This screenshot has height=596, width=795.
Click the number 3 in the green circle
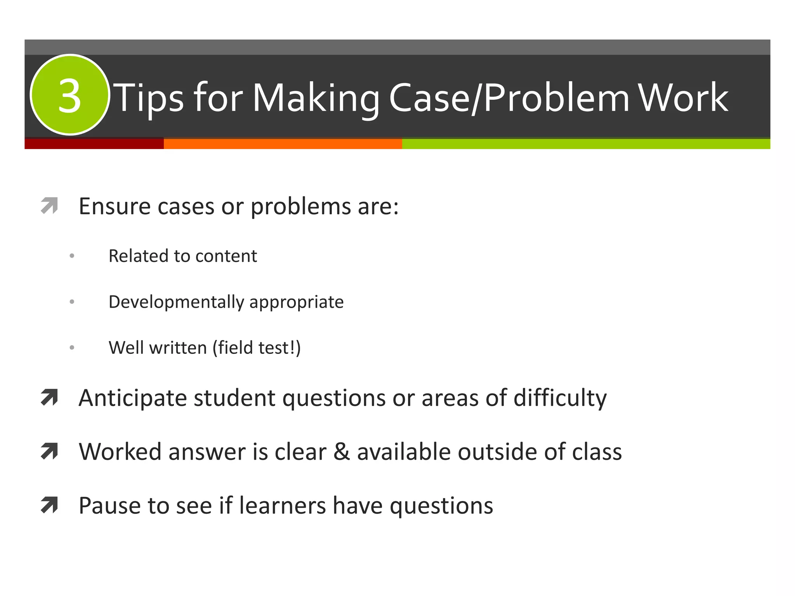(x=70, y=96)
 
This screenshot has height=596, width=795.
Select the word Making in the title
(x=316, y=99)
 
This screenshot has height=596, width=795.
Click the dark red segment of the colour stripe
(x=94, y=144)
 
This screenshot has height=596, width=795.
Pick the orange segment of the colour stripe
(x=283, y=144)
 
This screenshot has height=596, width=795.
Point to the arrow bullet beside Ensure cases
(x=49, y=206)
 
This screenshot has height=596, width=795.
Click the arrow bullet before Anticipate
(x=49, y=398)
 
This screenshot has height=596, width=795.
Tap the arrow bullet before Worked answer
(x=49, y=451)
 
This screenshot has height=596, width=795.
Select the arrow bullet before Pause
(x=49, y=505)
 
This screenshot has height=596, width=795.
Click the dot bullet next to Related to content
(x=72, y=256)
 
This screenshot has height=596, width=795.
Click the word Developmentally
(x=177, y=302)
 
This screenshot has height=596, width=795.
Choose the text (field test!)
(x=257, y=348)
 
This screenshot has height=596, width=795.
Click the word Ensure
(x=115, y=206)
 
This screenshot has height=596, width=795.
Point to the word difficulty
(x=560, y=398)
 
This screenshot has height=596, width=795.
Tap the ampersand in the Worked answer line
(x=342, y=452)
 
